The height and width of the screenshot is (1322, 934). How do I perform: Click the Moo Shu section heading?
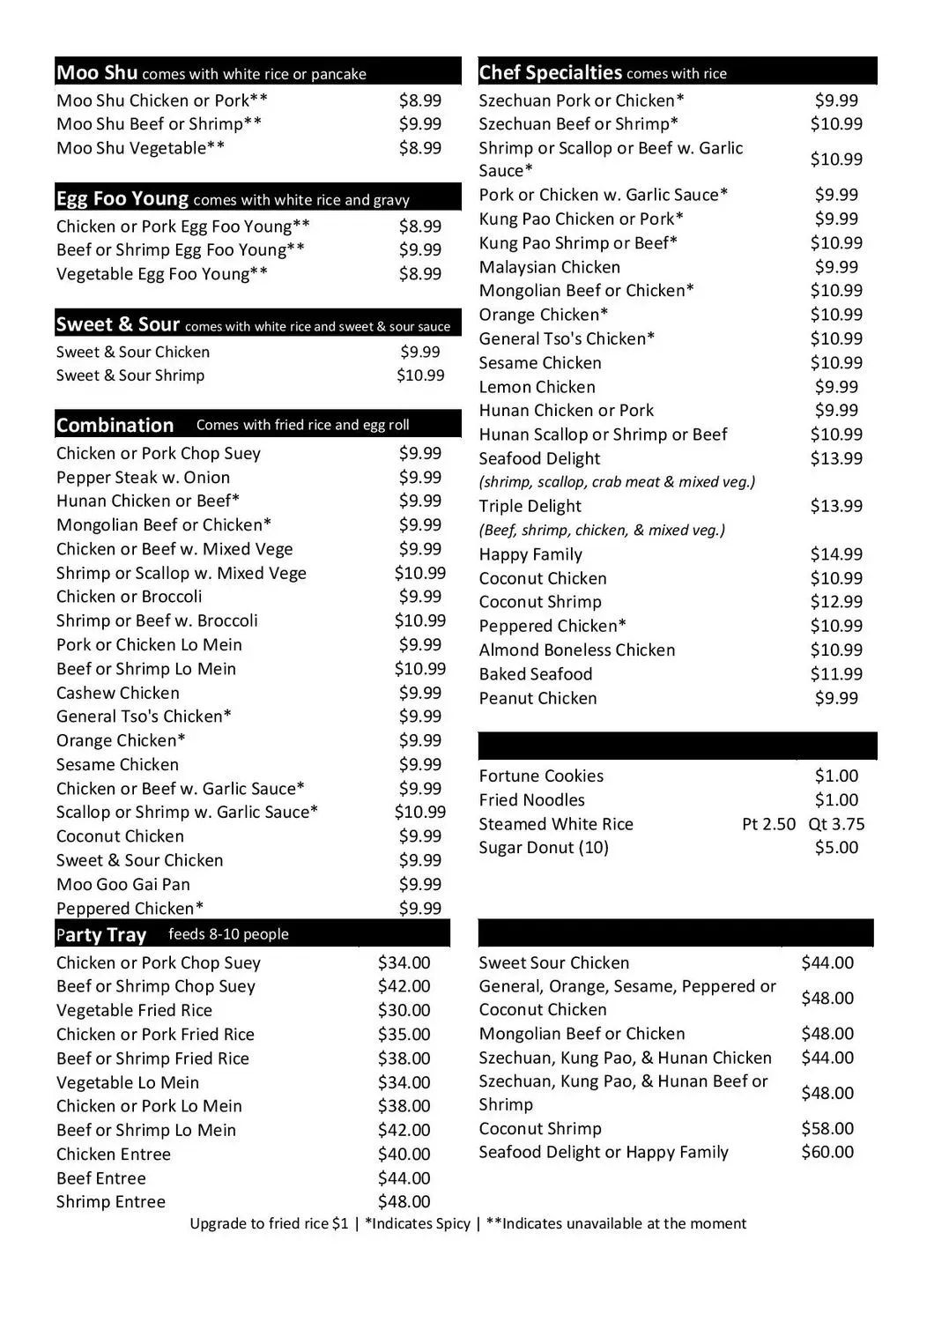pos(97,72)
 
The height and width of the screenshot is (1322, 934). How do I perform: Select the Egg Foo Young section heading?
pos(122,198)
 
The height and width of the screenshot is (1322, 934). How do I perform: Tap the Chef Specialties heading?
pos(551,72)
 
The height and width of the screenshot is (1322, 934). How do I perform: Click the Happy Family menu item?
pos(530,554)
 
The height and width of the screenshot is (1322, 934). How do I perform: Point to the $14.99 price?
pos(836,554)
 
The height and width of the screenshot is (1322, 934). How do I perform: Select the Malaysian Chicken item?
pos(549,267)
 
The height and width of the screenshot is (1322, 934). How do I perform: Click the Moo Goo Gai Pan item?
pos(123,884)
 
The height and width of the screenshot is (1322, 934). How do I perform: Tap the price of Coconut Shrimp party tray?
pos(827,1128)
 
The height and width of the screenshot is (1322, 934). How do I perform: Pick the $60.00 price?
pos(827,1152)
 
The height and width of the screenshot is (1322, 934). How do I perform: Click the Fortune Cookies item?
pos(541,776)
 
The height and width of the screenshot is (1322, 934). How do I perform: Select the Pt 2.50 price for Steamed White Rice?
pos(768,824)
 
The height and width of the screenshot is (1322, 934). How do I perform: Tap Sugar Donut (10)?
pos(544,848)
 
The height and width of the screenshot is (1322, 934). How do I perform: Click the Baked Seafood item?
pos(536,674)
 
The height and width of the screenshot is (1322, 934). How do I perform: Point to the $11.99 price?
pos(836,674)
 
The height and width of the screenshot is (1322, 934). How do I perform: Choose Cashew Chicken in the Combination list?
pos(118,693)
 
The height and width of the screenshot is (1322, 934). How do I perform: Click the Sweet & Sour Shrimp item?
pos(130,375)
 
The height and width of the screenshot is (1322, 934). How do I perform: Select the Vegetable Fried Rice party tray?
pos(134,1010)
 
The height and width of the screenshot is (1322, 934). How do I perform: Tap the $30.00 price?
pos(404,1010)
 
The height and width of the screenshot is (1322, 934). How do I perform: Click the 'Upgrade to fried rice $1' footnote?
pos(269,1223)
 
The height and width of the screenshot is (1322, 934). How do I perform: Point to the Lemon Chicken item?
pos(537,387)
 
